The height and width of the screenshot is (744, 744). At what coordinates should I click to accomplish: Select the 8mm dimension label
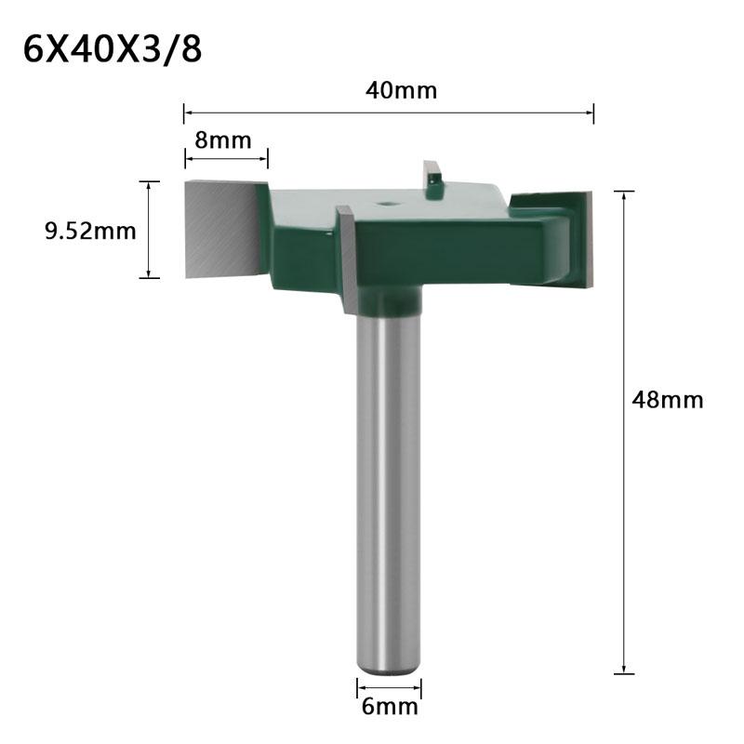[x=223, y=140]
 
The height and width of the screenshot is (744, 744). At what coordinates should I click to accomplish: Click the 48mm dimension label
[x=667, y=400]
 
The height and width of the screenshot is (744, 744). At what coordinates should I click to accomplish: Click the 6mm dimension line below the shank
[x=390, y=688]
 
